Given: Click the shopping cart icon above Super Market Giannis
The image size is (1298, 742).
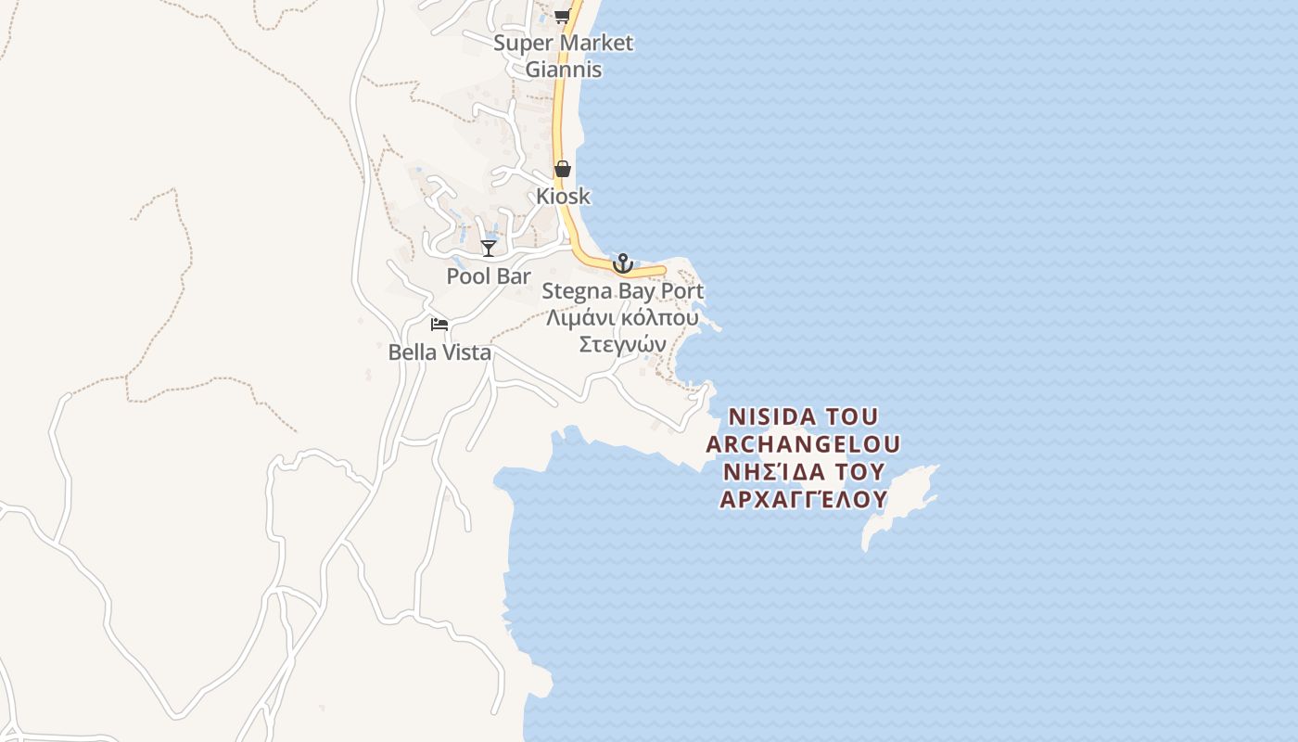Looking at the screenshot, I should click(562, 16).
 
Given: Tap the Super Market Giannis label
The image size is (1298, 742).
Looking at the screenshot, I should click(564, 56).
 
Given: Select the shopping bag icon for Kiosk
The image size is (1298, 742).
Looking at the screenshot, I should click(563, 169).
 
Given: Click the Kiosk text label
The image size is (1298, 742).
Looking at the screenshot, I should click(563, 197).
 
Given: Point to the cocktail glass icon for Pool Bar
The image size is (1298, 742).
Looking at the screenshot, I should click(489, 248).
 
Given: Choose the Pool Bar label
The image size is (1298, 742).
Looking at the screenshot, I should click(489, 276).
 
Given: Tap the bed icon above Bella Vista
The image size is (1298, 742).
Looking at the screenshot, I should click(439, 325).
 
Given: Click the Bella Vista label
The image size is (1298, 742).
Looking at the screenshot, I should click(439, 352).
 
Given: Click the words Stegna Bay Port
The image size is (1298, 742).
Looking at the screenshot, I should click(623, 291).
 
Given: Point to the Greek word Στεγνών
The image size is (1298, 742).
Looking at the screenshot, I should click(623, 344).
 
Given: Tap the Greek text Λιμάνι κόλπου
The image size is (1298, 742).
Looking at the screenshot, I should click(623, 317).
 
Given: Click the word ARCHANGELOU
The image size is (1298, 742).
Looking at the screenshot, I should click(803, 443).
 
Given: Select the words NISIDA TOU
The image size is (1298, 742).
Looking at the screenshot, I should click(803, 416).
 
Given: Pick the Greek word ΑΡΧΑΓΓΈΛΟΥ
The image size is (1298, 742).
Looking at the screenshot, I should click(803, 499).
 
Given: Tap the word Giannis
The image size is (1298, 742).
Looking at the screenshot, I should click(564, 70).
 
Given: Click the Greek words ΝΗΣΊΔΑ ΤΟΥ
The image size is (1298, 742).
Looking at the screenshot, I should click(803, 471).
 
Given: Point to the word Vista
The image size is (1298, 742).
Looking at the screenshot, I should click(467, 352).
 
